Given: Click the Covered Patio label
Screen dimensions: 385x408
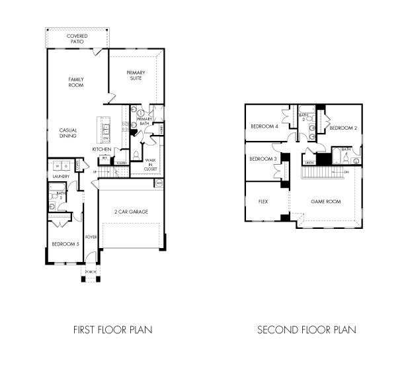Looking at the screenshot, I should click(x=77, y=38).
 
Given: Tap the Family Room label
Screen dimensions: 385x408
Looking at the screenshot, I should click(x=76, y=82).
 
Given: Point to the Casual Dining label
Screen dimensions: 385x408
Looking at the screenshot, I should click(x=68, y=132).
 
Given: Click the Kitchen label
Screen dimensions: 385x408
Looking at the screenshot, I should click(x=101, y=150).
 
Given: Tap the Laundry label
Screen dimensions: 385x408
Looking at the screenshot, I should click(x=61, y=177).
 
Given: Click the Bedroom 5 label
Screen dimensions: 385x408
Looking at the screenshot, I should click(x=65, y=244).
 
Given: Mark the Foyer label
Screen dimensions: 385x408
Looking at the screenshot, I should click(x=91, y=236).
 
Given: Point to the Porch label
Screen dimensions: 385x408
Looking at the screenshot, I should click(x=91, y=271).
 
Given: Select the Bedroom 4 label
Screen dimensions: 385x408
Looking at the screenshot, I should click(x=264, y=127).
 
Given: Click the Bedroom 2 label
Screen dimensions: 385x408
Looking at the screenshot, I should click(x=343, y=127).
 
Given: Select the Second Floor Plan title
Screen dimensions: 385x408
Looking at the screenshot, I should click(x=306, y=329).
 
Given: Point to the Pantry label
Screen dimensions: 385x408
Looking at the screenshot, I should click(x=122, y=162).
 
